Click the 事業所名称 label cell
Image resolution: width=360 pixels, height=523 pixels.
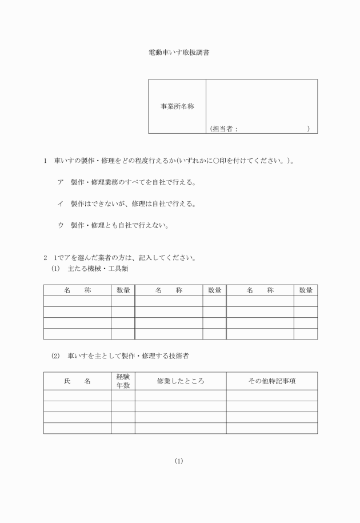point(177,106)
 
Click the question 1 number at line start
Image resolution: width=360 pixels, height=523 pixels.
point(45,162)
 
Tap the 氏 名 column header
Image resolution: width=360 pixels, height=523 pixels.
point(77,381)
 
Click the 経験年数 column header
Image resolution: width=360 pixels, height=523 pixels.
point(123,381)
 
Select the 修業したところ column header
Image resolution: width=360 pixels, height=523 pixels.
point(180,381)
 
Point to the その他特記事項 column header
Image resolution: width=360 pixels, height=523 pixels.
point(271,381)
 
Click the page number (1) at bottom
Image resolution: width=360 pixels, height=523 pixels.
point(179,461)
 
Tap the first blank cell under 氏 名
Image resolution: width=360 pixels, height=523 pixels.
point(77,396)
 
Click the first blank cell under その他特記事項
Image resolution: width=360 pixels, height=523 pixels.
point(271,396)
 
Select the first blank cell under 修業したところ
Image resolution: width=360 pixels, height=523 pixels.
point(180,396)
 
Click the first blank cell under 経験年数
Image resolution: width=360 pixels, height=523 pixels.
point(123,396)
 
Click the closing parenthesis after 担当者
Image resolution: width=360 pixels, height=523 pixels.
point(308,129)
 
